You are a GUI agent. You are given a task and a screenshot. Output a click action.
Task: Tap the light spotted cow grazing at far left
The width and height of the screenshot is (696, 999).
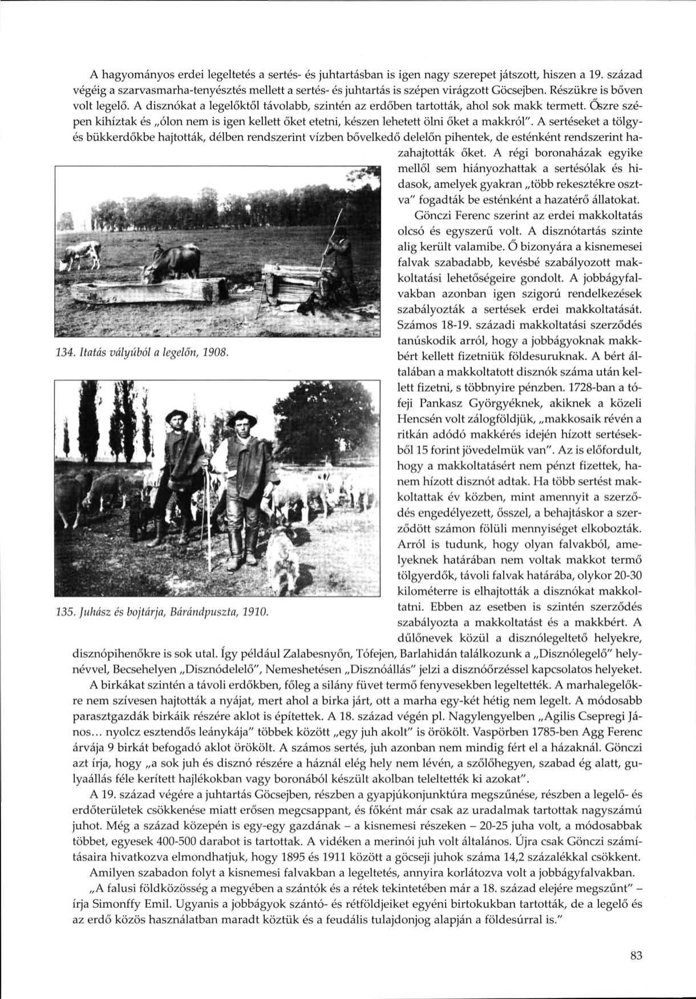point(83,255)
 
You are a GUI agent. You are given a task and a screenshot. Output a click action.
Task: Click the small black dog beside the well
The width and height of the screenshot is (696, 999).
point(311,303)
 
